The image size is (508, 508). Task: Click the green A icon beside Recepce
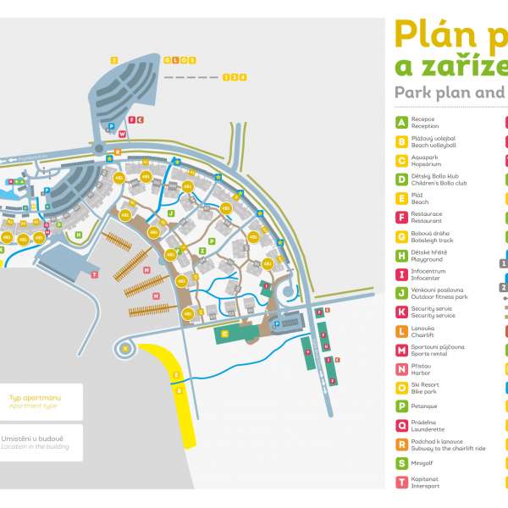click(401, 123)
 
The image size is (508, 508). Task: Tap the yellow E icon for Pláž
click(401, 198)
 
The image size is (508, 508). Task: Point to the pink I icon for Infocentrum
click(401, 273)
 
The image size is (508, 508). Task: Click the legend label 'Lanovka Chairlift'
click(423, 330)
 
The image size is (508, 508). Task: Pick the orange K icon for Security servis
click(401, 312)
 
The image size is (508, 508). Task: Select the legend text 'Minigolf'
click(423, 463)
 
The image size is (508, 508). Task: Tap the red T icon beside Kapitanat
click(401, 482)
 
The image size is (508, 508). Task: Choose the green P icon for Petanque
click(401, 406)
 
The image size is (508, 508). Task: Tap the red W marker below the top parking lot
click(122, 134)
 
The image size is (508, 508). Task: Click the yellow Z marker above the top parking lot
click(113, 60)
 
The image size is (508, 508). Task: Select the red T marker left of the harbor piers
click(94, 274)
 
